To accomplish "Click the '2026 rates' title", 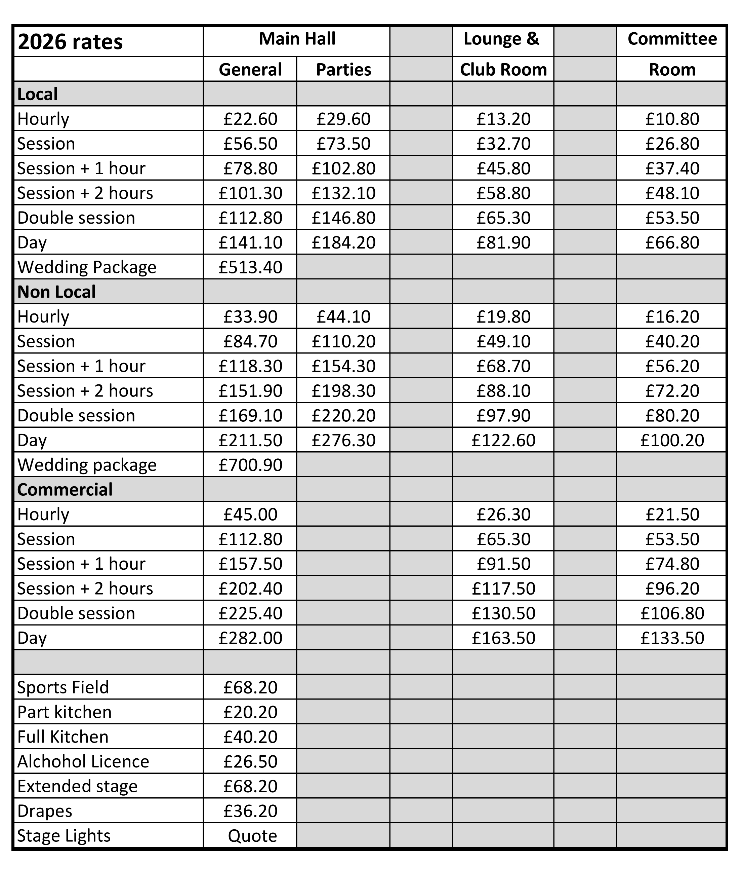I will click(x=70, y=42).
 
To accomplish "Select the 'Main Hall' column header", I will click(x=297, y=39).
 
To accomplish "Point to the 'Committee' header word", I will click(x=672, y=39).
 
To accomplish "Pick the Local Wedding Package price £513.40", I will click(x=250, y=267).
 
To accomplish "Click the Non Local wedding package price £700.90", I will click(x=250, y=465).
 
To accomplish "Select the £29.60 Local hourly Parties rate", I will click(x=343, y=119).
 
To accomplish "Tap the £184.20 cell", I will click(x=343, y=242).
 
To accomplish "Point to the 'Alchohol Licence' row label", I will click(x=83, y=762).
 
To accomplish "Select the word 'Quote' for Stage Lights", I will click(x=252, y=836).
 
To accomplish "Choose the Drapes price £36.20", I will click(x=250, y=811).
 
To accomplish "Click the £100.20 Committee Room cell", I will click(x=672, y=440).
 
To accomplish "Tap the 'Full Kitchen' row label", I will click(x=63, y=737).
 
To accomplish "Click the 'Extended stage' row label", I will click(x=77, y=787).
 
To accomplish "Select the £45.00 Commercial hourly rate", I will click(x=250, y=515).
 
